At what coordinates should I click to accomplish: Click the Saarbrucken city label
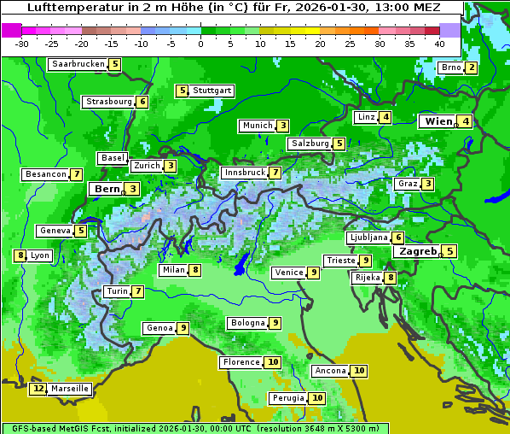78,64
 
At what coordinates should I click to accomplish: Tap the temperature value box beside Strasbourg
142,102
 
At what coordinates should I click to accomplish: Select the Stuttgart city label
212,91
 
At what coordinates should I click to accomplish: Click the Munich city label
257,126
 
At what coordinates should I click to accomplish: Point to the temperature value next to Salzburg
339,144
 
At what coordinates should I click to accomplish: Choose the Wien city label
438,121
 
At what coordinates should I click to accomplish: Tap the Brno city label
450,68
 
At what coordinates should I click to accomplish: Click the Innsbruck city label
245,173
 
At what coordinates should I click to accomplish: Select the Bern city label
107,189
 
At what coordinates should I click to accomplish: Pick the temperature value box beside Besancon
77,174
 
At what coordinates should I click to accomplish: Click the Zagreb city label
418,251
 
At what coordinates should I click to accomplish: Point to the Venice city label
288,273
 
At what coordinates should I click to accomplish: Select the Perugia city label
287,398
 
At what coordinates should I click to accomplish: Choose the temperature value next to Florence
273,362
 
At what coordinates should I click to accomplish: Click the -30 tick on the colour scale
22,43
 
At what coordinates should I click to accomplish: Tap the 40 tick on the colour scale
439,43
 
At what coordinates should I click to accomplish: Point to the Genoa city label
159,328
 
